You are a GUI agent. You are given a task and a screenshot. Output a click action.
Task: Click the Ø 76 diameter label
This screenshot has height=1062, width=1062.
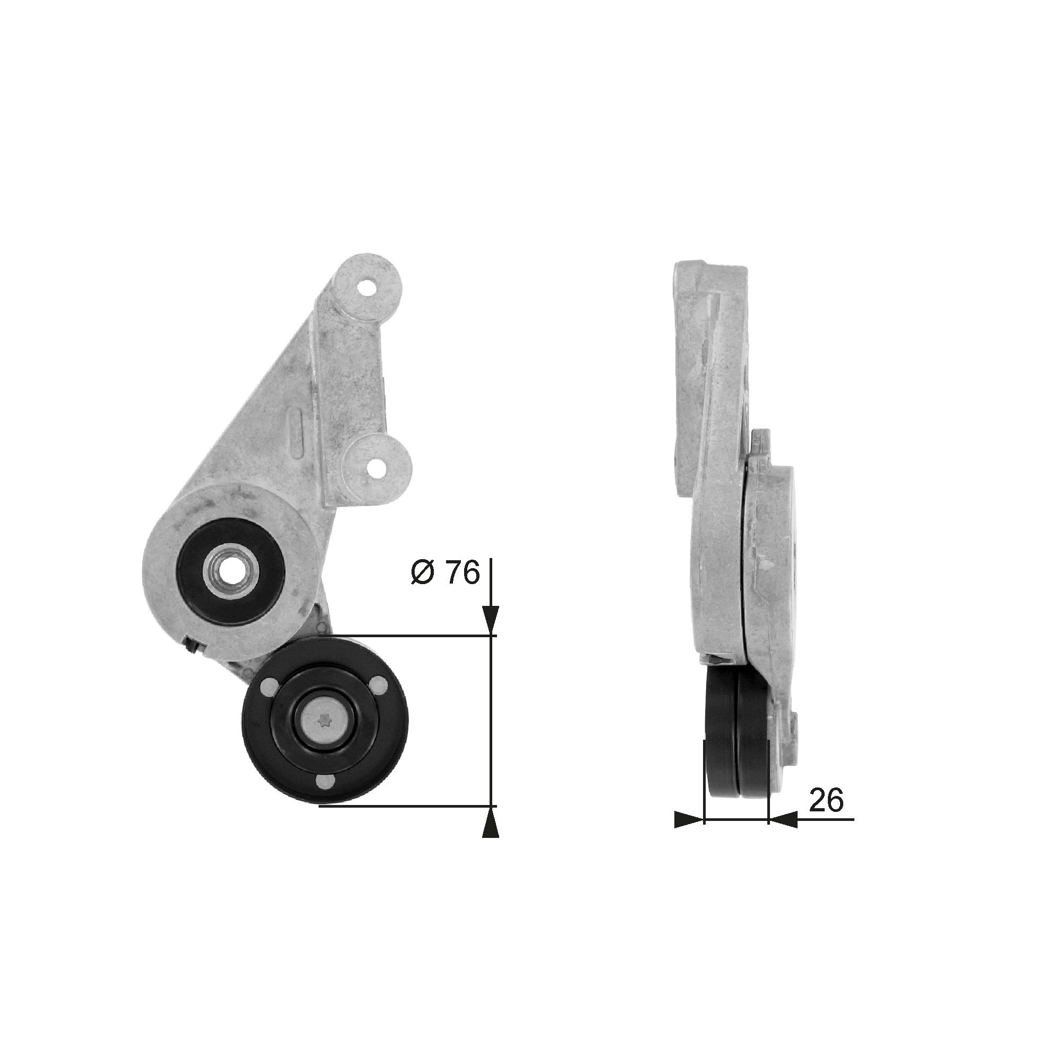446,573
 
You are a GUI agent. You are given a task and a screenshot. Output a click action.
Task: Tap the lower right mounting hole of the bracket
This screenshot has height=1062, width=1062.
379,452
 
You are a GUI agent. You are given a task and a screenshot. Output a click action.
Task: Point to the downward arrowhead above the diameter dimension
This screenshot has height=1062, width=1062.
490,621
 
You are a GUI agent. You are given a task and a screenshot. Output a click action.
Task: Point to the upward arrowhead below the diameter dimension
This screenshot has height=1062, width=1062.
490,837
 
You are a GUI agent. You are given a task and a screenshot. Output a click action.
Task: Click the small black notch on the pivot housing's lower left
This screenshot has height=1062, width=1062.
191,645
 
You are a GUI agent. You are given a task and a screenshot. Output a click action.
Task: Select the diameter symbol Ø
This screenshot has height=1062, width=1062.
422,573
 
